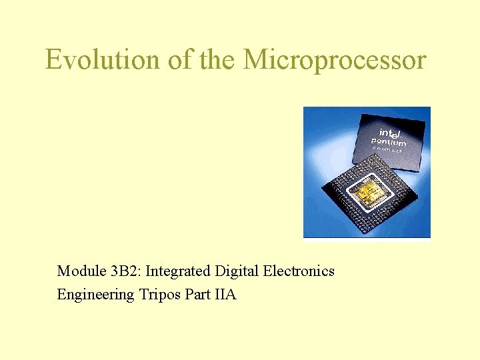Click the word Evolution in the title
pyautogui.click(x=102, y=60)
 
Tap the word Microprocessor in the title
pyautogui.click(x=335, y=60)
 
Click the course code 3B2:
pyautogui.click(x=126, y=271)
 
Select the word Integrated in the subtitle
pyautogui.click(x=177, y=271)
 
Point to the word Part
pyautogui.click(x=197, y=294)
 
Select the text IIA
pyautogui.click(x=226, y=294)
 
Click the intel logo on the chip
pyautogui.click(x=391, y=133)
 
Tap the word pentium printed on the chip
pyautogui.click(x=389, y=142)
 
